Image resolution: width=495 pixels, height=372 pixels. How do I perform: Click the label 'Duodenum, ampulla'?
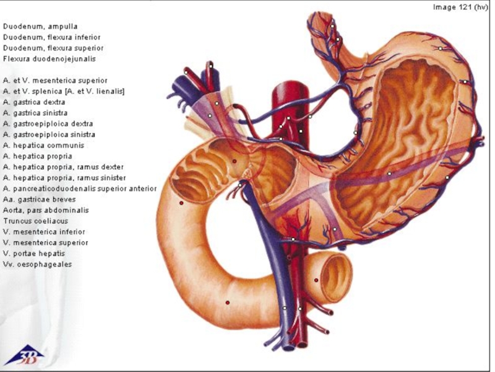coord(40,26)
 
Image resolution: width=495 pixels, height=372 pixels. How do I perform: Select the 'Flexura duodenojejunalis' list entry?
coord(49,59)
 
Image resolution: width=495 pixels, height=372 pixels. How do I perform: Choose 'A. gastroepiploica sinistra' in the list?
coord(49,134)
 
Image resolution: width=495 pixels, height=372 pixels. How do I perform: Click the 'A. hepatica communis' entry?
coord(43,145)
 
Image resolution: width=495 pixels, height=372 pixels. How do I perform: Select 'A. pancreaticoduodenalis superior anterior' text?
coord(80,188)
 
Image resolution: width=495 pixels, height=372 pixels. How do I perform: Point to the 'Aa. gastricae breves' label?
coord(40,199)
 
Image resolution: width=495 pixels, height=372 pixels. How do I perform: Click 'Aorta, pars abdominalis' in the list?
coord(46,210)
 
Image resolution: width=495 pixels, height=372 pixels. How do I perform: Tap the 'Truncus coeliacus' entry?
coord(35,221)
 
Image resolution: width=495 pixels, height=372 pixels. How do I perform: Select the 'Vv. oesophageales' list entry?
coord(37,264)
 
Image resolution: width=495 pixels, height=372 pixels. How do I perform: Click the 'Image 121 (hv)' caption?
coord(460,7)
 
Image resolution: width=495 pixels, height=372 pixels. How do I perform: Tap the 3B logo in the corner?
coord(24,355)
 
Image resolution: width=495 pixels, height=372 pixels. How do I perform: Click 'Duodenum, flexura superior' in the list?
coord(53,48)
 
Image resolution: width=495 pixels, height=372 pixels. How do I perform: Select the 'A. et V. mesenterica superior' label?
coord(55,80)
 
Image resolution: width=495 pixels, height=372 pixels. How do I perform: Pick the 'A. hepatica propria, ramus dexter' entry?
coord(63,167)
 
